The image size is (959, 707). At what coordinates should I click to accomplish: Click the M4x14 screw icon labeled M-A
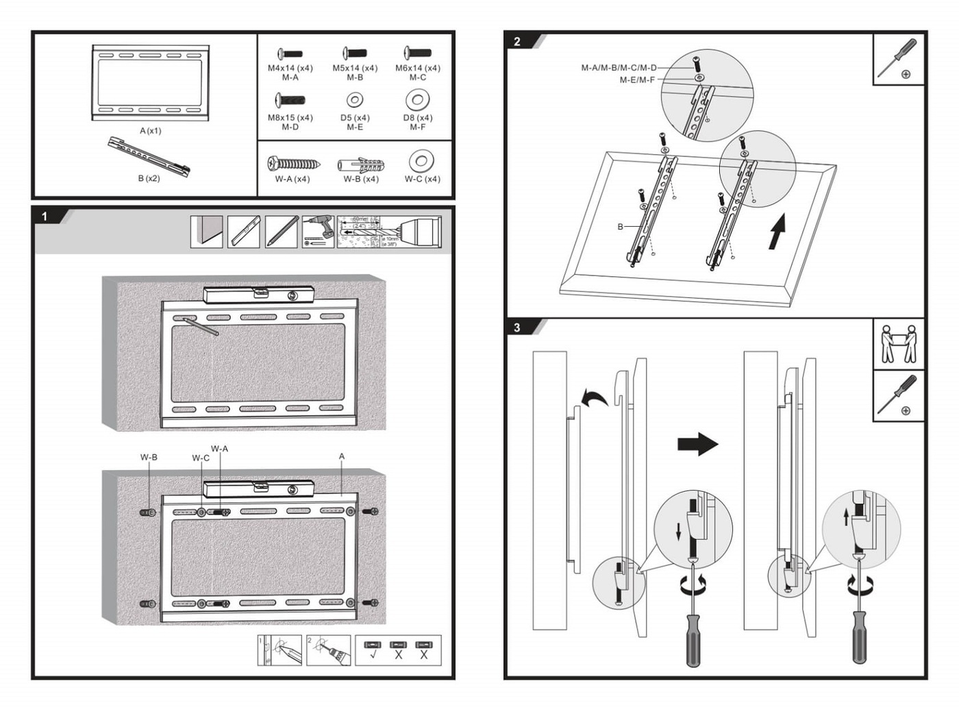click(x=290, y=53)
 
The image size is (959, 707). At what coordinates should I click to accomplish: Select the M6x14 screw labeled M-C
click(x=417, y=53)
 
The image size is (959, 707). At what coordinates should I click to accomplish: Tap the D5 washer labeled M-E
click(x=354, y=101)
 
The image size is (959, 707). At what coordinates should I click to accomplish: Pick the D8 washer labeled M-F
click(x=417, y=100)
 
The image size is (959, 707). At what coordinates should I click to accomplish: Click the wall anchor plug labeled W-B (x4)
click(x=360, y=165)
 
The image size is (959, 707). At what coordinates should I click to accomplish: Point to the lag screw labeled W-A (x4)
click(x=292, y=164)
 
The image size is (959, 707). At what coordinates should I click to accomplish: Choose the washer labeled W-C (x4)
click(x=421, y=162)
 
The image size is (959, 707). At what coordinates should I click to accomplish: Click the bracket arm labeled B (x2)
click(x=149, y=156)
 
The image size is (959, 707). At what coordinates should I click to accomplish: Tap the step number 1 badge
click(x=45, y=216)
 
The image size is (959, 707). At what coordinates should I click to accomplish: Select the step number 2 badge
click(x=517, y=42)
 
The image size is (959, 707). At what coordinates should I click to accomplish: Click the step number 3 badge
click(x=517, y=328)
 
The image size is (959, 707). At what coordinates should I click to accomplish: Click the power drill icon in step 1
click(x=318, y=232)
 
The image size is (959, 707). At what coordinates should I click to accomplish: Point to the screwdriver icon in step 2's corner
click(x=898, y=59)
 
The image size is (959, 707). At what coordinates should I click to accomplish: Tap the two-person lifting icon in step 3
click(x=898, y=344)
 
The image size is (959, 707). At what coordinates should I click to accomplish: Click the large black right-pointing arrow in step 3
click(x=697, y=444)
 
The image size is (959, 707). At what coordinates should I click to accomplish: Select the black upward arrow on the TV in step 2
click(x=776, y=232)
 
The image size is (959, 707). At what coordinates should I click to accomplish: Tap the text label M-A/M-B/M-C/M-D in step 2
click(x=619, y=68)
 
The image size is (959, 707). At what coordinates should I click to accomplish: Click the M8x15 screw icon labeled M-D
click(x=290, y=101)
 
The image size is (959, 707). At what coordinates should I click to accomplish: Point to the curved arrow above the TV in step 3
click(x=594, y=397)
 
